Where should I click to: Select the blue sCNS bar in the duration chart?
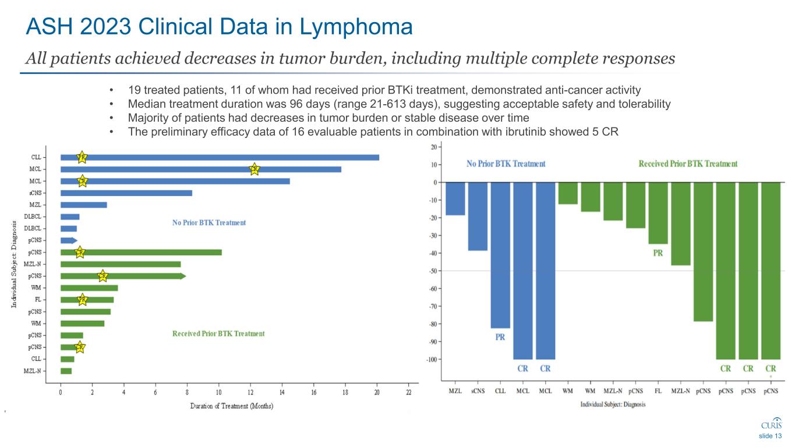[x=126, y=193]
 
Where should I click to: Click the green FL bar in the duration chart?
[x=87, y=300]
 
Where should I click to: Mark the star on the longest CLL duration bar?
[x=82, y=157]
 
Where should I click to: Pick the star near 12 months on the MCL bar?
[x=254, y=169]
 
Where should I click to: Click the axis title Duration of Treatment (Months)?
[x=231, y=406]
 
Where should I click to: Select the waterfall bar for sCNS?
[x=478, y=217]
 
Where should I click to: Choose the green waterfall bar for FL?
[x=658, y=213]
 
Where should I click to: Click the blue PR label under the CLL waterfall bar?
[x=500, y=338]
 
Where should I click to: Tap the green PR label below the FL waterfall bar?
[x=658, y=253]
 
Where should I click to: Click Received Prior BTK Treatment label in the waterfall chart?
[x=688, y=164]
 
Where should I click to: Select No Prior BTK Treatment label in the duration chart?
[x=209, y=222]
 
